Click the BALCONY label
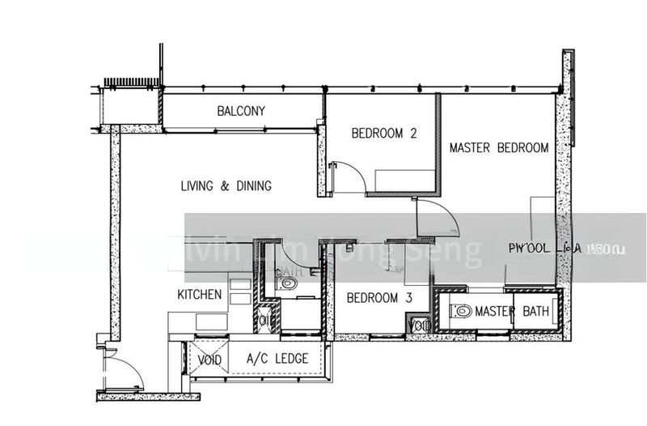click(241, 111)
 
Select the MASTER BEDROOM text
click(499, 148)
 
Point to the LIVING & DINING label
click(226, 186)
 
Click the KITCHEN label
click(200, 295)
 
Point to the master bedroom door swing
click(437, 219)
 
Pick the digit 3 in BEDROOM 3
click(409, 298)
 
